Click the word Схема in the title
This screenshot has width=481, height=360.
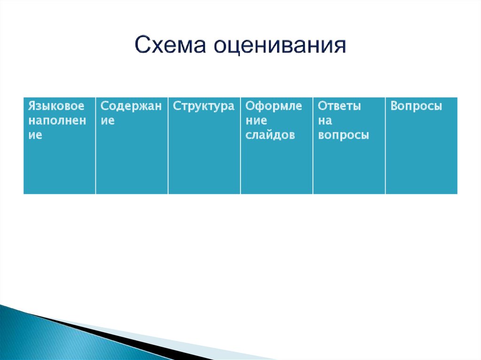(x=170, y=45)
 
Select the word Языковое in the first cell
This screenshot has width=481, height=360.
(x=56, y=106)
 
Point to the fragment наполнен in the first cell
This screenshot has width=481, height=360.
(x=57, y=121)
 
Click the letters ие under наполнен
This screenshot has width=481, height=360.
(x=35, y=135)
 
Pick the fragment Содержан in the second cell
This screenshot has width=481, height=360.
(x=131, y=106)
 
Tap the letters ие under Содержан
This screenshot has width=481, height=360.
(x=108, y=121)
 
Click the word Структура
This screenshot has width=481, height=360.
(x=203, y=106)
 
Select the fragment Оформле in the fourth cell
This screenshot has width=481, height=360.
(x=274, y=106)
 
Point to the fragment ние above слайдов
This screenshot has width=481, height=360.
(x=256, y=121)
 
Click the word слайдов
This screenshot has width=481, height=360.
(x=270, y=135)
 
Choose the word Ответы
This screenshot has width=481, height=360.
(x=339, y=106)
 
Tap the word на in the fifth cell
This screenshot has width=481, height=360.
(x=325, y=121)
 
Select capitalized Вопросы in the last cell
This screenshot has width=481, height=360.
(x=416, y=106)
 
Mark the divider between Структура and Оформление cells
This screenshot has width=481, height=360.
(x=240, y=146)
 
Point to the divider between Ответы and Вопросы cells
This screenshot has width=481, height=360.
(x=385, y=146)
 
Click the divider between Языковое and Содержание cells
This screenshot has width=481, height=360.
(x=96, y=146)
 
